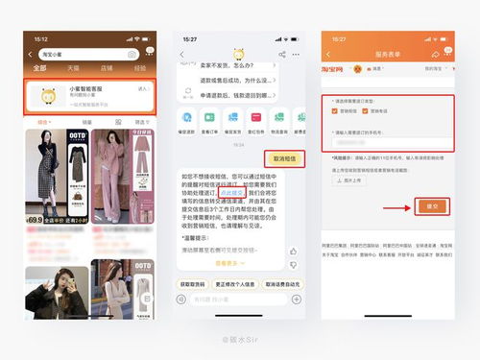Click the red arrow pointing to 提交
pos(396,206)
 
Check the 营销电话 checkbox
pos(365,109)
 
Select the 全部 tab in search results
pos(39,69)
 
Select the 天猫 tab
pos(73,69)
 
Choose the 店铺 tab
pos(108,69)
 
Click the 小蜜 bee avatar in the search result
pos(46,94)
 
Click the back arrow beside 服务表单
pos(328,55)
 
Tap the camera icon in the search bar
pos(132,54)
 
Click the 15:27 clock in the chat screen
pos(189,39)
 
